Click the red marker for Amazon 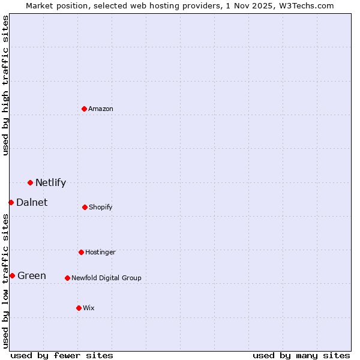(84, 109)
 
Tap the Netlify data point (30, 182)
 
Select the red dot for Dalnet (11, 202)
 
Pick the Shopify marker (85, 207)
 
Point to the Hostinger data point (81, 252)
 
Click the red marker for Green (12, 275)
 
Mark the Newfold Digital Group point (67, 278)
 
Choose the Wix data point (79, 308)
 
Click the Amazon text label (101, 109)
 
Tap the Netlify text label (50, 183)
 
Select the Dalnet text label (32, 203)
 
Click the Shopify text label (101, 208)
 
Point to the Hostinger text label (100, 253)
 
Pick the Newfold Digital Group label (106, 278)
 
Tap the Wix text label (89, 308)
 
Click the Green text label (32, 276)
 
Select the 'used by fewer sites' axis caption (62, 355)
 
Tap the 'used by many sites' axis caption (301, 355)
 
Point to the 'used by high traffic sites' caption (5, 85)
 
